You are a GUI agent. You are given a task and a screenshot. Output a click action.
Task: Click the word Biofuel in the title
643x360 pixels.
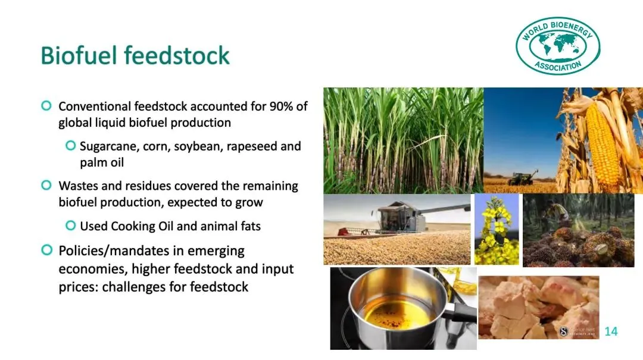point(79,55)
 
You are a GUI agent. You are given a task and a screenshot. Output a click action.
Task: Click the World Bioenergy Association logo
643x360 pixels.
point(558,45)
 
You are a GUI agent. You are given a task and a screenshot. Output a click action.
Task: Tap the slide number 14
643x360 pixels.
point(611,331)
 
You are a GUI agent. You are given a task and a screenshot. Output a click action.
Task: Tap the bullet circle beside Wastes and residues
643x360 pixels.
point(46,185)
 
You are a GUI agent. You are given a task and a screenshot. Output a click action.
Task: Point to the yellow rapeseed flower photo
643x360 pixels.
point(497,229)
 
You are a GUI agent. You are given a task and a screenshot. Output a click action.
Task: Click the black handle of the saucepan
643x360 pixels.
point(459,314)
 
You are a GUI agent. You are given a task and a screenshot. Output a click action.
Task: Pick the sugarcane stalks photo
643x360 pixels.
point(404,140)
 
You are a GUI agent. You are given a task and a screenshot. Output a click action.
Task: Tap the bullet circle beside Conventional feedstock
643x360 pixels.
point(46,106)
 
